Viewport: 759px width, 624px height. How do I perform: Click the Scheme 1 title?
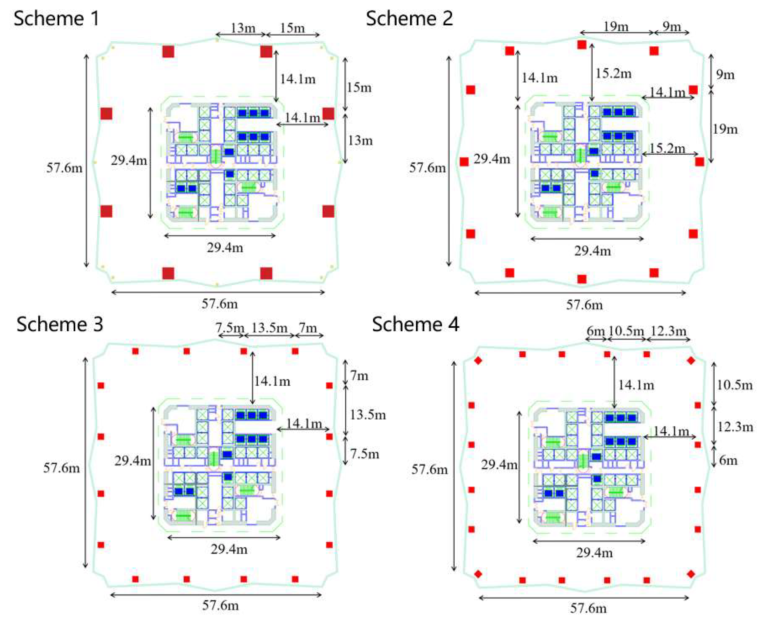tap(57, 19)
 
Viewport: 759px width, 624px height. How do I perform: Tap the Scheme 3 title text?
tap(60, 324)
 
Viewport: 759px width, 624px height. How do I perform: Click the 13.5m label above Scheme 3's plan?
tap(269, 328)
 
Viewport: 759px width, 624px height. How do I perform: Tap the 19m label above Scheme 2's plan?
tap(616, 26)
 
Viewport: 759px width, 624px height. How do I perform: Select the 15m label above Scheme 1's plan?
tap(292, 28)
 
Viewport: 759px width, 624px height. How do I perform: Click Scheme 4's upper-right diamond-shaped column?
tap(691, 360)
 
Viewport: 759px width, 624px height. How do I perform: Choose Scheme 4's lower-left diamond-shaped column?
tap(478, 574)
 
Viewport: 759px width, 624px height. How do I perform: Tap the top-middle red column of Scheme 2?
tap(582, 45)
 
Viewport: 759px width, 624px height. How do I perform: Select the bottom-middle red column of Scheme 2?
tap(582, 279)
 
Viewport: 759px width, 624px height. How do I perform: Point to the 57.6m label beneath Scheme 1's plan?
tap(219, 304)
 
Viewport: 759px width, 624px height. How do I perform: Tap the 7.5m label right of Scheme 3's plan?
tap(365, 454)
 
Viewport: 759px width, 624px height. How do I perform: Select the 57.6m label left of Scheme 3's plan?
tap(61, 468)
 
